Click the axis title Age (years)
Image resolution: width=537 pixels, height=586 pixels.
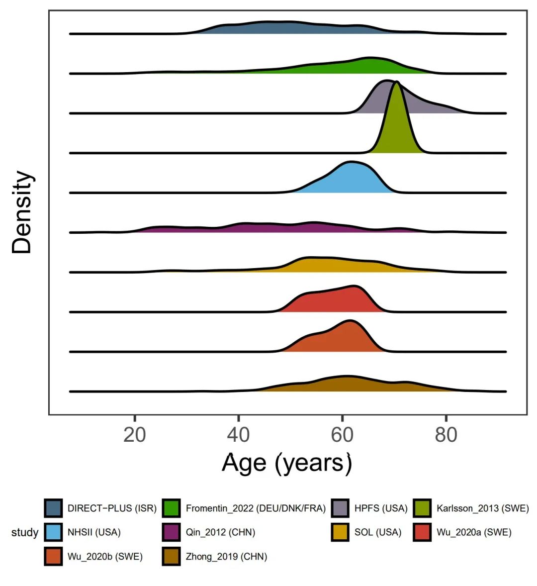pyautogui.click(x=287, y=463)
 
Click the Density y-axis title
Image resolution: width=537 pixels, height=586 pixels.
pyautogui.click(x=22, y=212)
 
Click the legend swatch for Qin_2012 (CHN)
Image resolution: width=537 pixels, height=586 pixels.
pyautogui.click(x=172, y=532)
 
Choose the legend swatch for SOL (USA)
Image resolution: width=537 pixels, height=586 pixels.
pyautogui.click(x=340, y=532)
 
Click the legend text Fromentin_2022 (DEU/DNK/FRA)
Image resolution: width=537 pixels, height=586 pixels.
pyautogui.click(x=256, y=508)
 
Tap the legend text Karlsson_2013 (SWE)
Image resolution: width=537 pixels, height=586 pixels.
pyautogui.click(x=482, y=508)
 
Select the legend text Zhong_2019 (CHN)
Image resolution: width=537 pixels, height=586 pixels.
pyautogui.click(x=226, y=557)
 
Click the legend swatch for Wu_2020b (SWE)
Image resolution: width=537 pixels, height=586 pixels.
pyautogui.click(x=53, y=557)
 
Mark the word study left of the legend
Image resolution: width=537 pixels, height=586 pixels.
pyautogui.click(x=24, y=533)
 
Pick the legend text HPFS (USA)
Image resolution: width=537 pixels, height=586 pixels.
pyautogui.click(x=380, y=508)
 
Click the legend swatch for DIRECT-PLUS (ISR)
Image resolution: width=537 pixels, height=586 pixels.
pyautogui.click(x=53, y=508)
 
